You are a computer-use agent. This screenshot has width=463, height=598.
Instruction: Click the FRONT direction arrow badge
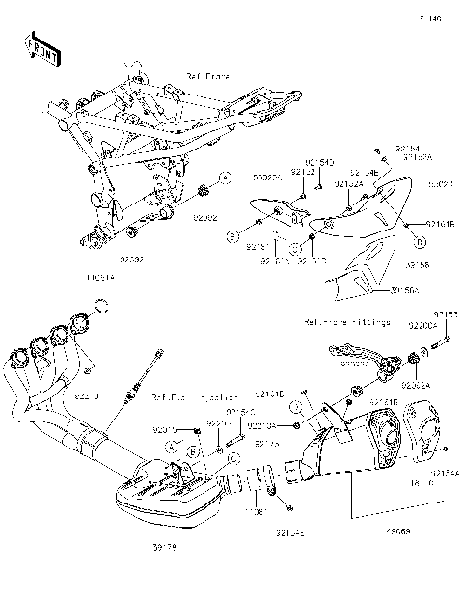pos(39,46)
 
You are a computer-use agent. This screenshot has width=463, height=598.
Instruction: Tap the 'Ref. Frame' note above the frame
pos(206,75)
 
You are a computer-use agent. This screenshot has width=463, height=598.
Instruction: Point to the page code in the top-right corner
pos(430,18)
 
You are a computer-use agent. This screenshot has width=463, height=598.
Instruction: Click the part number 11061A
pos(100,277)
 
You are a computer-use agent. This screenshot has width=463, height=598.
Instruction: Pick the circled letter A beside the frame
pos(224,177)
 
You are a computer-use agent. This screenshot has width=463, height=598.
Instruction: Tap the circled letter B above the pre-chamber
pos(193,450)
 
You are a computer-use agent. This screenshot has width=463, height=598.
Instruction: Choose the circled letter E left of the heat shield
pos(232,234)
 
